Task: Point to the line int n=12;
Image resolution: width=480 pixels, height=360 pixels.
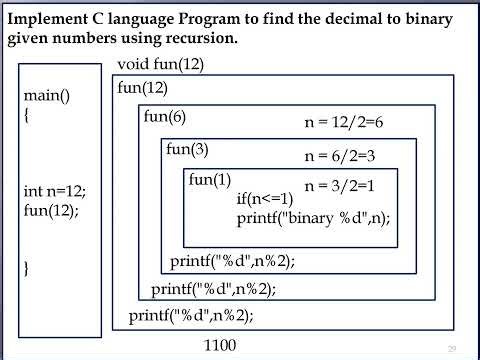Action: click(54, 191)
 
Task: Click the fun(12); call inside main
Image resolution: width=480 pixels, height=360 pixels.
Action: click(50, 211)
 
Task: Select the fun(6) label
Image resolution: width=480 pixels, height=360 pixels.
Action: click(165, 116)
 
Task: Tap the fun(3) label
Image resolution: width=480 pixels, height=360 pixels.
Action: click(187, 149)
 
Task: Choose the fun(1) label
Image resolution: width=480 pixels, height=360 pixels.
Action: click(210, 179)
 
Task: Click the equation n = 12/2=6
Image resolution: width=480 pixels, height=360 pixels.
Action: click(344, 122)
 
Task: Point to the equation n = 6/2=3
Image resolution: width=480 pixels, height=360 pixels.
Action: click(344, 156)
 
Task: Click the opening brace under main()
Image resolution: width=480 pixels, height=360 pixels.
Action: click(28, 116)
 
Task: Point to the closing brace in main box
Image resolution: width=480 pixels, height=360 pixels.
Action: click(27, 268)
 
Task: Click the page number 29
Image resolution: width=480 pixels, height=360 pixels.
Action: click(452, 348)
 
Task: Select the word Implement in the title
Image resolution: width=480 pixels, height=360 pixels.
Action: click(49, 20)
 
